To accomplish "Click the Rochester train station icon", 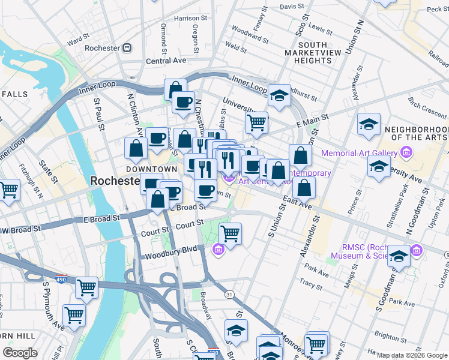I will coord(127,48).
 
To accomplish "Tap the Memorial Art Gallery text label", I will coord(359,153).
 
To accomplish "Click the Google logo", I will coord(20,353).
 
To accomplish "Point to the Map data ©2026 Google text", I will coord(412,355).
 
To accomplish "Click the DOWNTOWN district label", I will coord(152,169).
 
